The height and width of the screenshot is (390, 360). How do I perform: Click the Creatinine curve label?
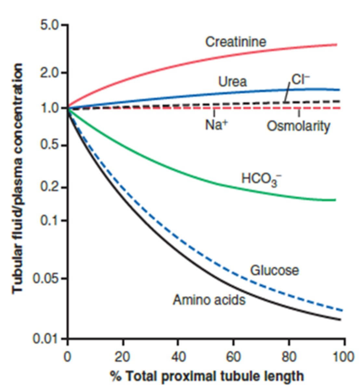click(x=236, y=42)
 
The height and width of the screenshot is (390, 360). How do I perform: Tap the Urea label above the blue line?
click(x=232, y=82)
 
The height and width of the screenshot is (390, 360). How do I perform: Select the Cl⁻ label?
click(x=301, y=79)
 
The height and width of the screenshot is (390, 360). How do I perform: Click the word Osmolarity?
click(x=298, y=126)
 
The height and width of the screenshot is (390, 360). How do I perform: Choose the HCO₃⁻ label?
click(x=261, y=179)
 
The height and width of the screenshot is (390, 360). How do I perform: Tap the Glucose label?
click(x=274, y=270)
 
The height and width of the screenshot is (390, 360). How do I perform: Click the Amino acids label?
click(x=209, y=300)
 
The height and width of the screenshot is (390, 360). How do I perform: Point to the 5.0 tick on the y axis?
click(x=50, y=25)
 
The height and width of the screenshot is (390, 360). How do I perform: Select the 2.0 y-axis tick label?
click(x=50, y=72)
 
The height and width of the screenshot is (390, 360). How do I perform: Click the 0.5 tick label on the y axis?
click(x=50, y=145)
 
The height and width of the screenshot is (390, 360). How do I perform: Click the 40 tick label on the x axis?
click(x=178, y=357)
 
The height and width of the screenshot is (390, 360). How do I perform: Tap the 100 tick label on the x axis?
click(x=343, y=357)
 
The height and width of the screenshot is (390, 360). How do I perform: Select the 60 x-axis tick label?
click(x=233, y=357)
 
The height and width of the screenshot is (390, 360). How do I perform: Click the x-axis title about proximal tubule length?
click(x=207, y=376)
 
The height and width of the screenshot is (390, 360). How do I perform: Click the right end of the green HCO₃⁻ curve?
click(x=335, y=200)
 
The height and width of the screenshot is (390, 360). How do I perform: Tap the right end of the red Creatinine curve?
click(x=336, y=45)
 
